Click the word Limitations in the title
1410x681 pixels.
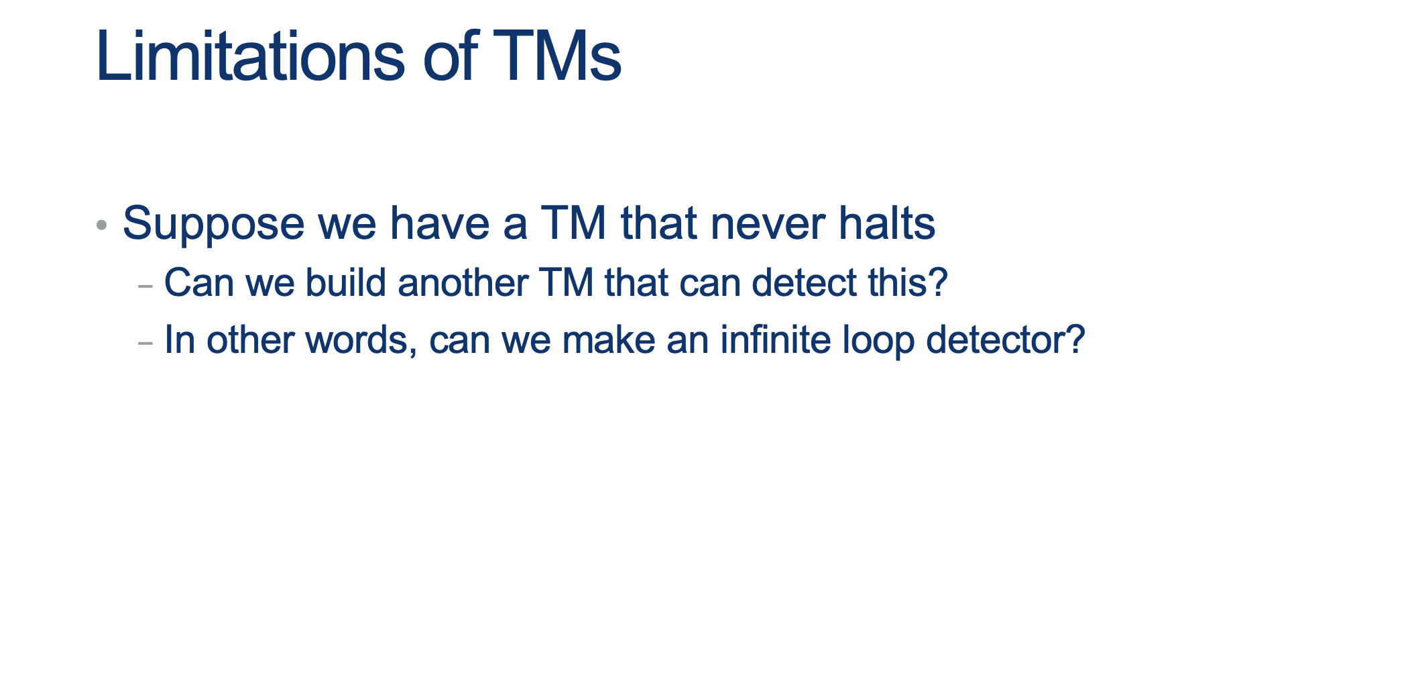pyautogui.click(x=251, y=56)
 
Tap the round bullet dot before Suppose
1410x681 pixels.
pyautogui.click(x=102, y=225)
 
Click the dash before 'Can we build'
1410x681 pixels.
pyautogui.click(x=145, y=286)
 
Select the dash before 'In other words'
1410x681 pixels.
pyautogui.click(x=145, y=343)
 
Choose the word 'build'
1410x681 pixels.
pyautogui.click(x=346, y=282)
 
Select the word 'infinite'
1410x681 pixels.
pyautogui.click(x=776, y=339)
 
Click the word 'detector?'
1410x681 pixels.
pyautogui.click(x=1006, y=339)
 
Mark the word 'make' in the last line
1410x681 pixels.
pyautogui.click(x=609, y=339)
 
